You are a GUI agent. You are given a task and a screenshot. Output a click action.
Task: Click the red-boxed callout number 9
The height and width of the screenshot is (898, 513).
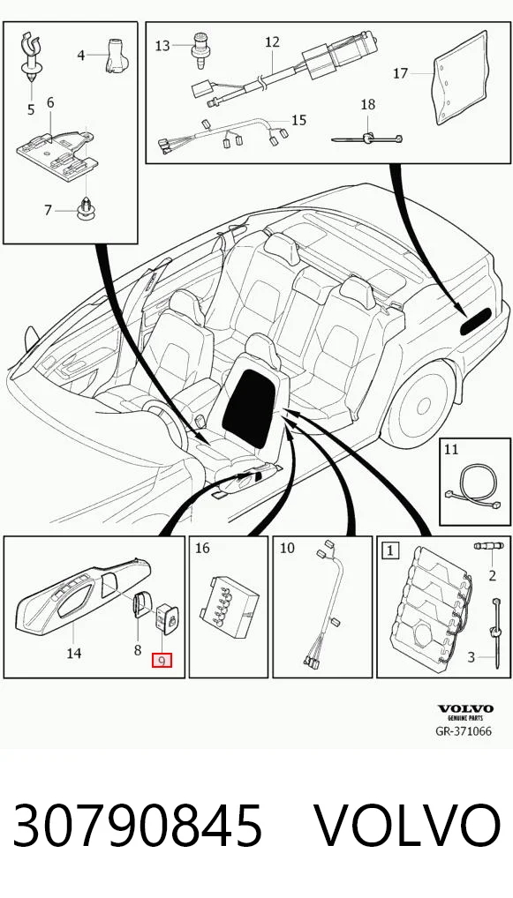pyautogui.click(x=162, y=661)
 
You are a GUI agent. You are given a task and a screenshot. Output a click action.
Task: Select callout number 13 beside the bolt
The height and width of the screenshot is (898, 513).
pyautogui.click(x=162, y=46)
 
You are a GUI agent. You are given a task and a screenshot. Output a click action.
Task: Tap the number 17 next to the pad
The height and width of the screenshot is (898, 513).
pyautogui.click(x=401, y=73)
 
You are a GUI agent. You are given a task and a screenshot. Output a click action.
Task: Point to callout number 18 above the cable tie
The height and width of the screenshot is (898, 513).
pyautogui.click(x=368, y=104)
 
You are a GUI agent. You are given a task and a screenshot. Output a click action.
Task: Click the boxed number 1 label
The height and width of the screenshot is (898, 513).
pyautogui.click(x=390, y=551)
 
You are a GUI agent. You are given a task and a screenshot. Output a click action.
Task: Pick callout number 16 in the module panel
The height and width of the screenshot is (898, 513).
pyautogui.click(x=202, y=548)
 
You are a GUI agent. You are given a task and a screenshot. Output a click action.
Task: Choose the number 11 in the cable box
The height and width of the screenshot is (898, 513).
pyautogui.click(x=451, y=449)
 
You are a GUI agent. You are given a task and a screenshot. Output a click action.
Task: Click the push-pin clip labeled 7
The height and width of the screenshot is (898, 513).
pyautogui.click(x=86, y=210)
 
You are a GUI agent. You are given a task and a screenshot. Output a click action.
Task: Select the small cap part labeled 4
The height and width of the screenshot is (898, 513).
pyautogui.click(x=115, y=56)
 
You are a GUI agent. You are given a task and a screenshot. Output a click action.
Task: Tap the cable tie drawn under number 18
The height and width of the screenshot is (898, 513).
pyautogui.click(x=366, y=138)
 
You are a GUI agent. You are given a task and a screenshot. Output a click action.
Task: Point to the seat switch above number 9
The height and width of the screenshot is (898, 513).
pyautogui.click(x=168, y=619)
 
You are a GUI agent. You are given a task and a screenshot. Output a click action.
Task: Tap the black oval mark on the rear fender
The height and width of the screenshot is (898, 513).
pyautogui.click(x=475, y=322)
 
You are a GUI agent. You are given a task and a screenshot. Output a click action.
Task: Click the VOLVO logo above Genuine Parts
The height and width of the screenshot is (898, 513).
pyautogui.click(x=465, y=709)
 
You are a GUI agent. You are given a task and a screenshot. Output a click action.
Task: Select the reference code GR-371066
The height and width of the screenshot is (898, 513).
pyautogui.click(x=464, y=731)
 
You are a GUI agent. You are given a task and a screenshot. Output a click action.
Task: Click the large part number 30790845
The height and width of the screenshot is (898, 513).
pyautogui.click(x=138, y=826)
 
